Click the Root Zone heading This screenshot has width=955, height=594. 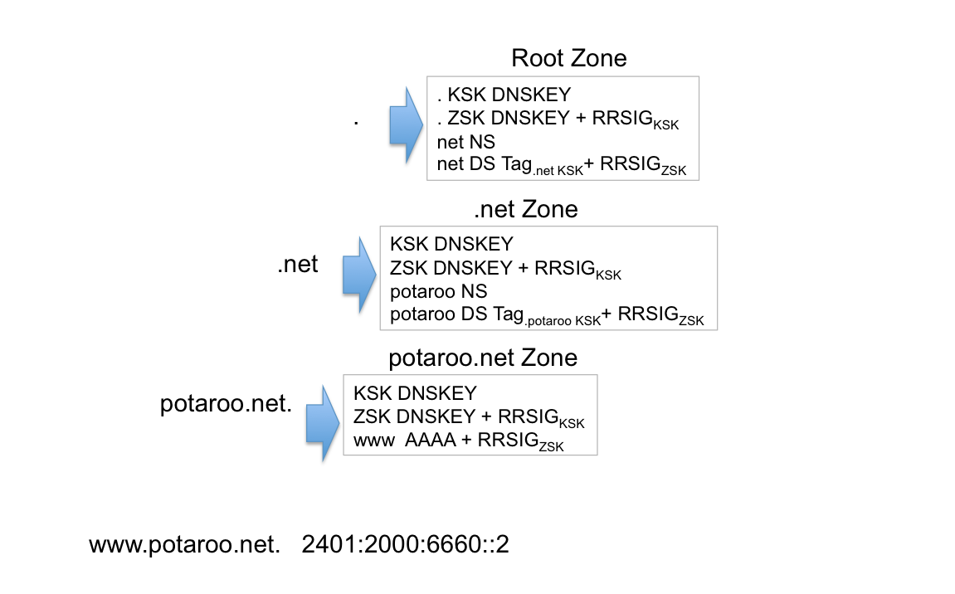click(x=568, y=58)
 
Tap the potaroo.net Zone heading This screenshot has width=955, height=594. click(x=483, y=358)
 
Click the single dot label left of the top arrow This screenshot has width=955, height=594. click(x=356, y=121)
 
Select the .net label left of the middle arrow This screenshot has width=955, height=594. click(x=297, y=266)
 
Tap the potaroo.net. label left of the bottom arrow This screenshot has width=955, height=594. click(x=225, y=405)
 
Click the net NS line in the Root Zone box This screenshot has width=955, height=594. click(x=465, y=142)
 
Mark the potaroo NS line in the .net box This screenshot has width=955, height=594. click(x=438, y=291)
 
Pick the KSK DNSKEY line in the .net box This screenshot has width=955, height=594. click(x=451, y=244)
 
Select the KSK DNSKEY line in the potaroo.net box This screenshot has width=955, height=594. click(x=415, y=392)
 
